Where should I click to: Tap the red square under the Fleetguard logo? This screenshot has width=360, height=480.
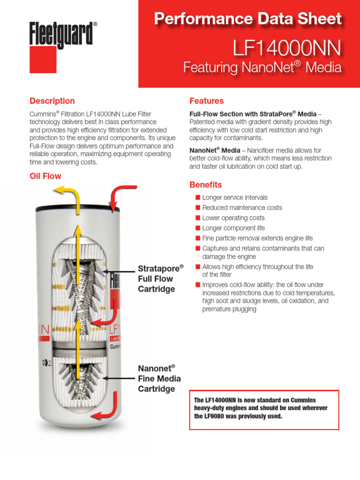tap(43, 60)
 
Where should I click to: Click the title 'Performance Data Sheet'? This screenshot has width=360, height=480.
tap(248, 19)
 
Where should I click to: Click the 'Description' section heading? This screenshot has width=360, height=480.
tap(52, 101)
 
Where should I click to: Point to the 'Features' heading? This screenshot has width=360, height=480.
tap(206, 101)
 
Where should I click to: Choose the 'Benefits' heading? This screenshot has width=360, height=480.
tap(205, 185)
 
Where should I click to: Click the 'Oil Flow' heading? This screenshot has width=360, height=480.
tap(45, 176)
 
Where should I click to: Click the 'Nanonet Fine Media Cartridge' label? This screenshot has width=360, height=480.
tap(159, 378)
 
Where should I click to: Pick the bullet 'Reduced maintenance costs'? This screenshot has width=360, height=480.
tap(242, 208)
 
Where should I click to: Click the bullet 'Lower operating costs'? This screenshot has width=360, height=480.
tap(233, 218)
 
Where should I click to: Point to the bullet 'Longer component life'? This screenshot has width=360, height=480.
tap(233, 228)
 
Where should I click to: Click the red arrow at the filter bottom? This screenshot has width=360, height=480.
tap(106, 412)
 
